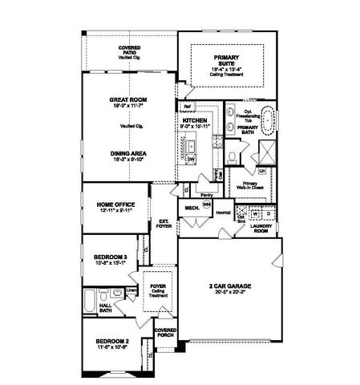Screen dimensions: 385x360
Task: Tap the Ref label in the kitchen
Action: pyautogui.click(x=186, y=107)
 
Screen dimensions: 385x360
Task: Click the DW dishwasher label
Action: pyautogui.click(x=192, y=160)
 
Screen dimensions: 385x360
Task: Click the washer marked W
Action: pyautogui.click(x=256, y=214)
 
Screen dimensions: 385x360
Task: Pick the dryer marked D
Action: pyautogui.click(x=268, y=214)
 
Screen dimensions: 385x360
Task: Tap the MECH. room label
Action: pyautogui.click(x=192, y=208)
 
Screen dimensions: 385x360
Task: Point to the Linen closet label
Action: pyautogui.click(x=131, y=290)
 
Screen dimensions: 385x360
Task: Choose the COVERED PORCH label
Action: pyautogui.click(x=165, y=333)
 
